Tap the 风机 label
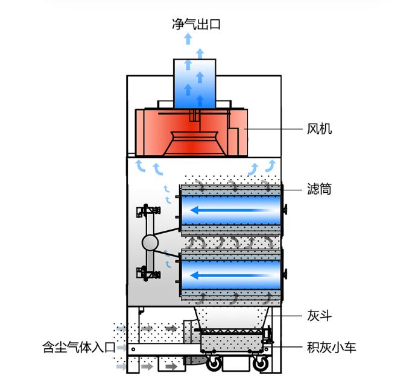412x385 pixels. (319, 129)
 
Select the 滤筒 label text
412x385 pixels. (319, 190)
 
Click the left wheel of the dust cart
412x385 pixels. (213, 364)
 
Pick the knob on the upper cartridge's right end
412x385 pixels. (285, 211)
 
